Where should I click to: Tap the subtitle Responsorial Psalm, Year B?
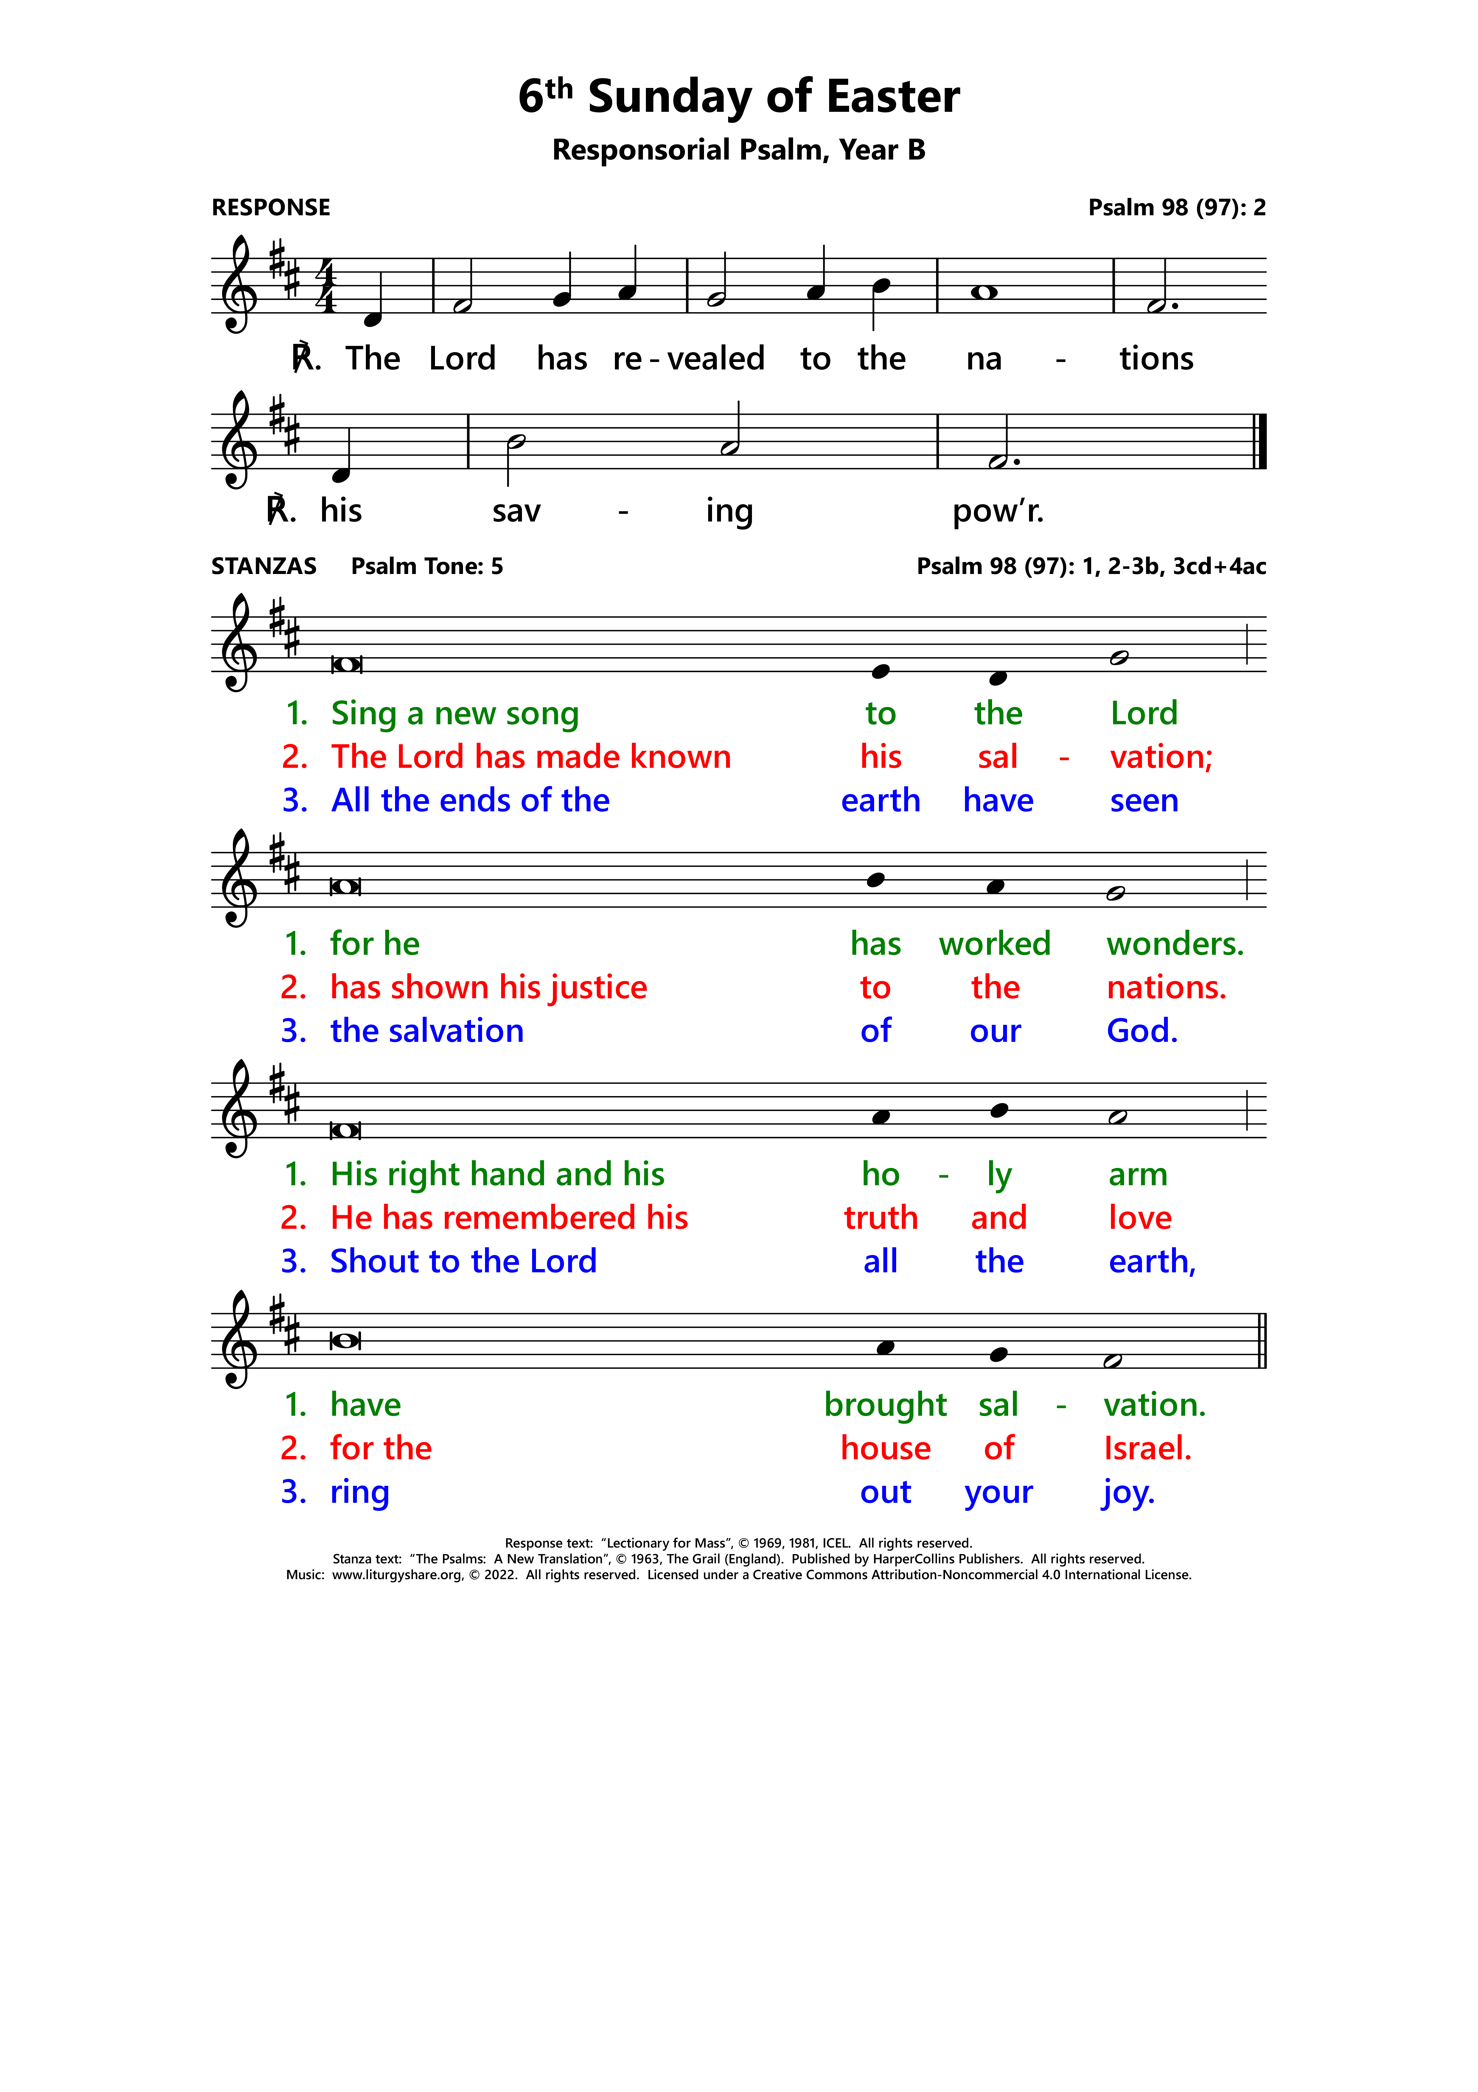(739, 149)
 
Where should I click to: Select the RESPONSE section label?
(271, 208)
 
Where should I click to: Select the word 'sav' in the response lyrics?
(516, 511)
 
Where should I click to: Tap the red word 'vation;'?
(1161, 757)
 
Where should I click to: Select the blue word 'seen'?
(1144, 801)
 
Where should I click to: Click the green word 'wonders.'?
(1175, 944)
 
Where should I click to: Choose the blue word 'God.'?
(1142, 1031)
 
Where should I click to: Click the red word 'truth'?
(881, 1218)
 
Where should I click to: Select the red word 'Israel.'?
(1147, 1449)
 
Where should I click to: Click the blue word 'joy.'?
(1128, 1492)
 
